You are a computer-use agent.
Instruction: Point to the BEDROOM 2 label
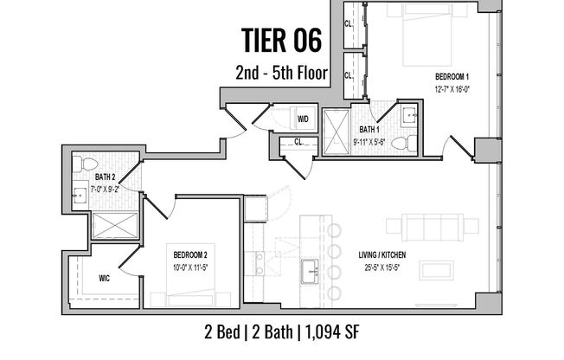click(x=189, y=254)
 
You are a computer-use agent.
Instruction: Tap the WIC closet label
click(x=104, y=279)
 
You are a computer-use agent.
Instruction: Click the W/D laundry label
click(x=304, y=119)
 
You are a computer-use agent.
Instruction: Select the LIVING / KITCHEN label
click(x=383, y=254)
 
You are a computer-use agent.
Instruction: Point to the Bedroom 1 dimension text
click(x=452, y=88)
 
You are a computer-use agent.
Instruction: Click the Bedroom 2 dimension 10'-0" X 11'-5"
click(x=189, y=266)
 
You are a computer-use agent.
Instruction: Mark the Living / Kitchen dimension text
click(x=383, y=266)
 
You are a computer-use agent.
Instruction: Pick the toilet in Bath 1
click(x=412, y=143)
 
